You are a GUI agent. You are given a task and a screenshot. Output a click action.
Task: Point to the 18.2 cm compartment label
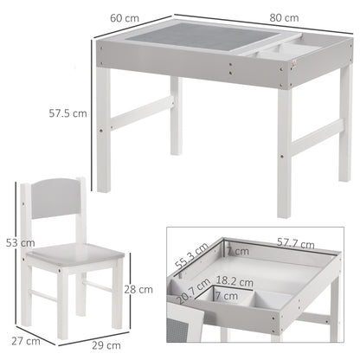pos(235,281)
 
